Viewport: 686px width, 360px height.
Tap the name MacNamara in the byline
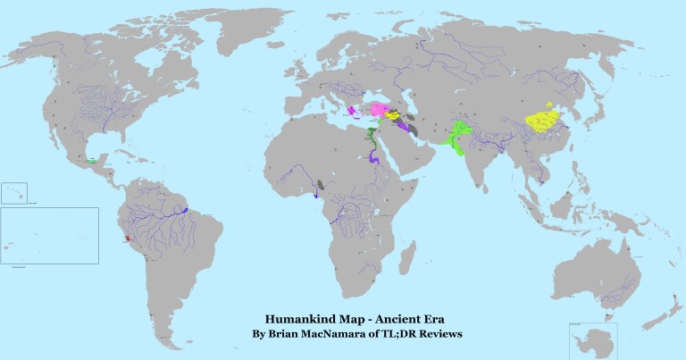[x=332, y=334]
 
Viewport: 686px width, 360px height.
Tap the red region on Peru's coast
[x=128, y=239]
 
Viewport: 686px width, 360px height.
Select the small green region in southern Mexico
[x=92, y=162]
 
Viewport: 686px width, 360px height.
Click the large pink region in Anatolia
[x=379, y=110]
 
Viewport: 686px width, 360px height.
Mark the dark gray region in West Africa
[x=320, y=185]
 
